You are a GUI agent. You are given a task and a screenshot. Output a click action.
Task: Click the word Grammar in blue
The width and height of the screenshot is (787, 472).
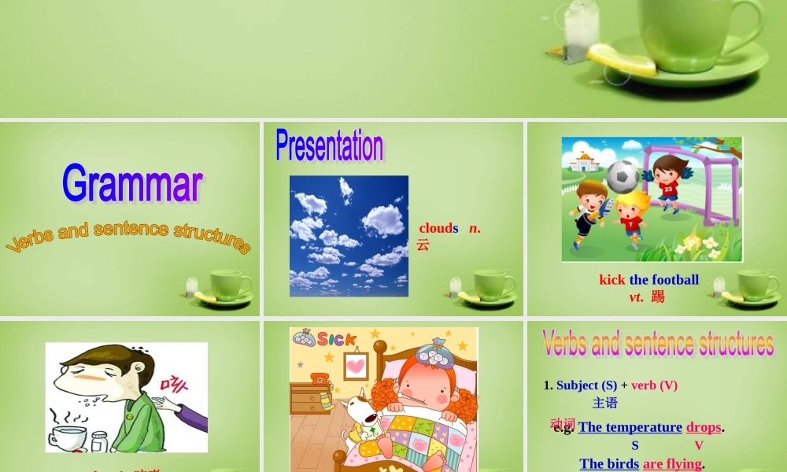point(132,184)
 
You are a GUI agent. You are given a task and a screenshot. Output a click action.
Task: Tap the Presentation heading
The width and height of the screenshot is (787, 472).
point(330,146)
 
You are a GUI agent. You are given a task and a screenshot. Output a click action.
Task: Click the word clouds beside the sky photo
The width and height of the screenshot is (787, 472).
point(438,228)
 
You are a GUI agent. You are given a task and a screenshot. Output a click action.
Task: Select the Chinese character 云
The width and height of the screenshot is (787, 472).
point(423,245)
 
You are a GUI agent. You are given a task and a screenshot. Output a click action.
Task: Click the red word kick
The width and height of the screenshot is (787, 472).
point(611,279)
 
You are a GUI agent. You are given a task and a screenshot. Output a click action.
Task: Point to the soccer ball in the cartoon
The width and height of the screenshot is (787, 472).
point(623,176)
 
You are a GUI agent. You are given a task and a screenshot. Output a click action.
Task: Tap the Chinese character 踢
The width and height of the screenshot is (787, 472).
point(658,297)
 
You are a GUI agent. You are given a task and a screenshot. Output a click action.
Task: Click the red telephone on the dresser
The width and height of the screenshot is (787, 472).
point(320,379)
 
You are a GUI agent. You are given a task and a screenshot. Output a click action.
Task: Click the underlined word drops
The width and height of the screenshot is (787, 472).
point(704,427)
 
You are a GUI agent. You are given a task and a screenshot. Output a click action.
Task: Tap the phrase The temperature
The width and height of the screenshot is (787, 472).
point(630,427)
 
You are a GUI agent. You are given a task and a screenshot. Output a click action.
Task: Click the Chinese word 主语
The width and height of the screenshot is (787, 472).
point(605,403)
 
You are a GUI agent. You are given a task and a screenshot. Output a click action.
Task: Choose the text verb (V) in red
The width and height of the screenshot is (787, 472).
point(654,385)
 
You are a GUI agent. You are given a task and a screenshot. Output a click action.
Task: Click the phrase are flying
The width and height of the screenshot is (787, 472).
point(671,464)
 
